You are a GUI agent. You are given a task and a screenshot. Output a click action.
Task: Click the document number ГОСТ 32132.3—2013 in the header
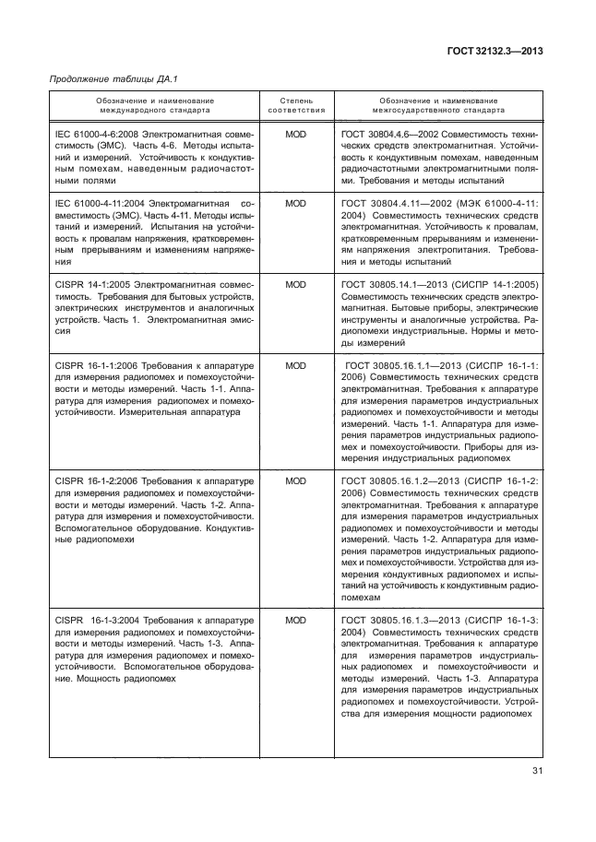[x=495, y=52]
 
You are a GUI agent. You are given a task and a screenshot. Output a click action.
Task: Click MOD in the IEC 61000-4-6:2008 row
[x=295, y=135]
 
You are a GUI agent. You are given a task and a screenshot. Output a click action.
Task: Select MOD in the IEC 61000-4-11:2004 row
[x=295, y=203]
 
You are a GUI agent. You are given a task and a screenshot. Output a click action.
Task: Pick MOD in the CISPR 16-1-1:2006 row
[x=295, y=365]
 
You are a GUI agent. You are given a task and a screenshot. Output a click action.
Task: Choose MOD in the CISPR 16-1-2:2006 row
[x=295, y=481]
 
